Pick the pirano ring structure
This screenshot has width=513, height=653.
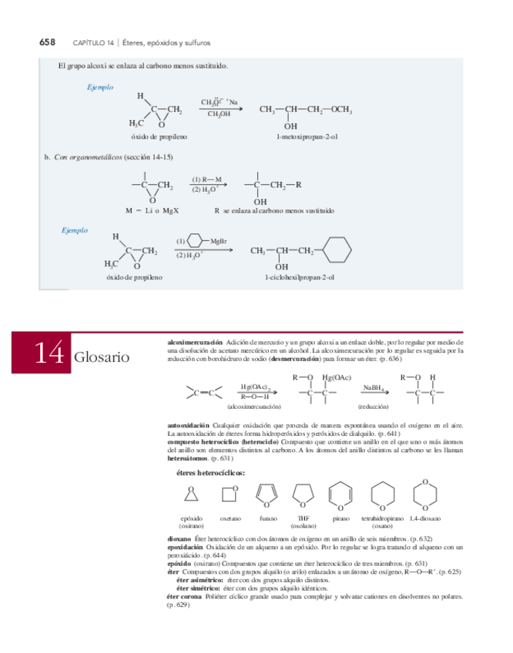tap(340, 494)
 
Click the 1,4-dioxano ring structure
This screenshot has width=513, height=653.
tap(423, 493)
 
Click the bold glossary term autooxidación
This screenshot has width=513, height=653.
tap(188, 425)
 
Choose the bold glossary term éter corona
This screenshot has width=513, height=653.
tap(184, 595)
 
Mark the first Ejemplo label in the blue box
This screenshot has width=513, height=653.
tap(100, 88)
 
